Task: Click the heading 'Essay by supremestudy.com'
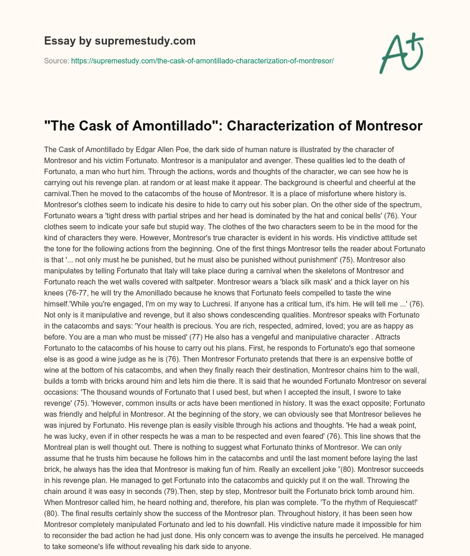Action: point(120,41)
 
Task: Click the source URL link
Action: point(202,61)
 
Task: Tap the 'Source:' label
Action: point(56,61)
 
